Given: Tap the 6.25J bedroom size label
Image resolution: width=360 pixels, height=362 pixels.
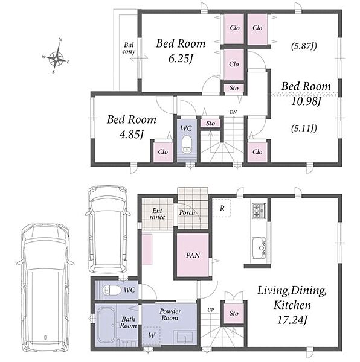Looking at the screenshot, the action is click(181, 59).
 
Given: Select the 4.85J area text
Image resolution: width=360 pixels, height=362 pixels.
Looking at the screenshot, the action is click(132, 135).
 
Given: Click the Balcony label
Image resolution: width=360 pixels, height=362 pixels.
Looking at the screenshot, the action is click(129, 48).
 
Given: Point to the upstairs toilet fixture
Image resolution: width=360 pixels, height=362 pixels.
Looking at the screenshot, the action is click(186, 145).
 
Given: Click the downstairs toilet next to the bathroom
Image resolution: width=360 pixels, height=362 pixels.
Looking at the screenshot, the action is click(112, 290).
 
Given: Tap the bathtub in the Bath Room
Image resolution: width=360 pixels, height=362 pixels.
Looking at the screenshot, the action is click(107, 326).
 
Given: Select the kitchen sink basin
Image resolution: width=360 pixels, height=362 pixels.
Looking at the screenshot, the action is click(259, 248).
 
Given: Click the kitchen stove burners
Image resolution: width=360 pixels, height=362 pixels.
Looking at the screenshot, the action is click(259, 211).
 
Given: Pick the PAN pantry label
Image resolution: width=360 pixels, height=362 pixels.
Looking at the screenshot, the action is click(193, 255).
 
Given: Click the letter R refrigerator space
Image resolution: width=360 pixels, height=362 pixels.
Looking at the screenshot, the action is click(222, 208).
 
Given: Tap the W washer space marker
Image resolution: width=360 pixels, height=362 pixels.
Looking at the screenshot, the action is click(152, 335).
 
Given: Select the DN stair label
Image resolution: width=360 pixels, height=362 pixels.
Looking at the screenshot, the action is click(233, 112).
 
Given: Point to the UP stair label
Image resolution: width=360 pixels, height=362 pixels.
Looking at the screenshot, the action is click(210, 310).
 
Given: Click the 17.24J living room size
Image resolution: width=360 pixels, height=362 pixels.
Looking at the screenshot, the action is click(292, 320).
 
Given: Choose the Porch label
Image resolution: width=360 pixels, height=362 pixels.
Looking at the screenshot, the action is click(187, 212).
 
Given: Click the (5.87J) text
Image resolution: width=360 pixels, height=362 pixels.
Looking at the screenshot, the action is click(304, 46).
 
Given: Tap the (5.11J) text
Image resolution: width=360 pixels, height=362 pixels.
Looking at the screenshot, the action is click(304, 128).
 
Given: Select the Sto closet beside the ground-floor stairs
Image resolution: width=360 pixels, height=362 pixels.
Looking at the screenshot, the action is click(234, 313).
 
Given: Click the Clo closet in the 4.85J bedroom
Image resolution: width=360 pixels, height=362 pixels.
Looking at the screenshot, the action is click(163, 152).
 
